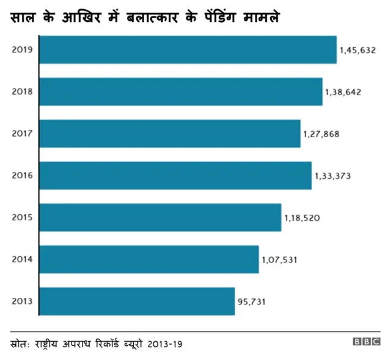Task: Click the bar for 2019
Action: (188, 49)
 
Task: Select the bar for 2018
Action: (180, 92)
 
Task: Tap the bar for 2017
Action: (169, 134)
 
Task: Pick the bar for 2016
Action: (175, 176)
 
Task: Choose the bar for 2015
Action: (159, 218)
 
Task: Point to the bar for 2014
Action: (148, 260)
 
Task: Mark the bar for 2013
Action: (136, 301)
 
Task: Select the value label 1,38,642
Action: (343, 92)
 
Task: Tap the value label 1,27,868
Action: (321, 134)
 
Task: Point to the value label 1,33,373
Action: (332, 176)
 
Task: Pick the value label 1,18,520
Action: (302, 218)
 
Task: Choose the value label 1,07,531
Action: (279, 260)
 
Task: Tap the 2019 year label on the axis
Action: (23, 50)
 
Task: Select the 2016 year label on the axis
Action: (23, 176)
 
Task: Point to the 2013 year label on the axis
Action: (23, 302)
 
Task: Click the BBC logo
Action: (367, 342)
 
